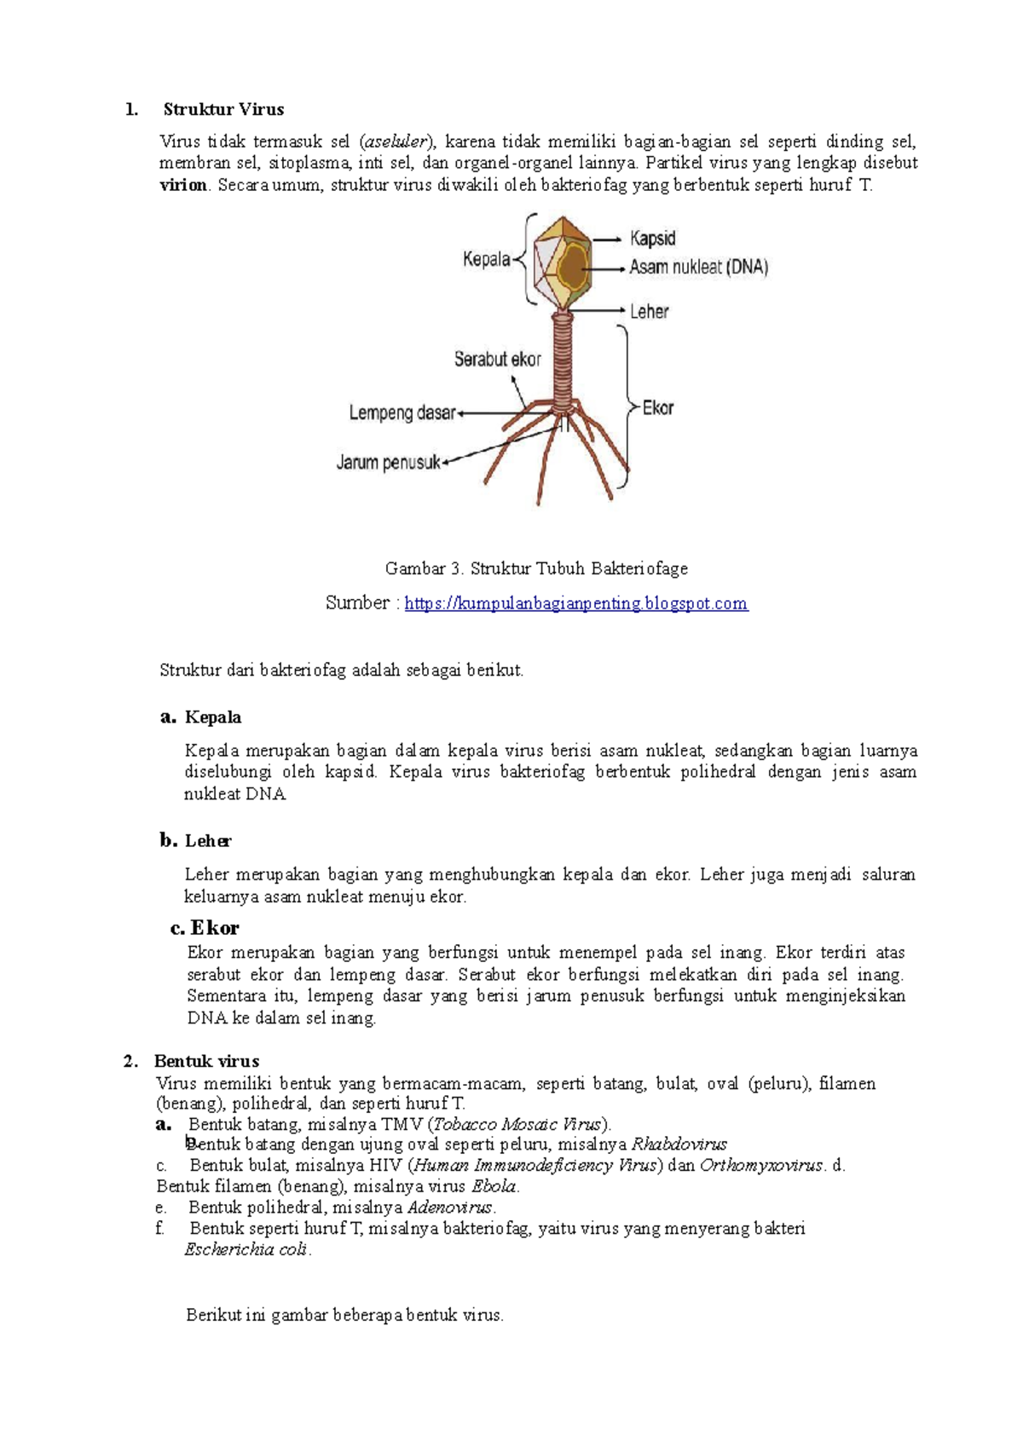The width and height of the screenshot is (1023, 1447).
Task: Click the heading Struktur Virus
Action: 223,109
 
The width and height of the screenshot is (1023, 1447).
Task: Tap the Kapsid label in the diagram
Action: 652,239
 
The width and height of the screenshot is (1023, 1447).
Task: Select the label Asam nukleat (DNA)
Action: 698,268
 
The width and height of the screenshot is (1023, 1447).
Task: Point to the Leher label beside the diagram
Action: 649,312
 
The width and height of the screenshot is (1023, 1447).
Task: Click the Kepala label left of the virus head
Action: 486,259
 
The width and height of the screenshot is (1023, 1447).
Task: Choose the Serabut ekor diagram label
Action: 497,360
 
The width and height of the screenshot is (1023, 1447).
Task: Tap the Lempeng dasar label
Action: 402,413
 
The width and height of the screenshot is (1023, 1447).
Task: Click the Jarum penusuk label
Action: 389,463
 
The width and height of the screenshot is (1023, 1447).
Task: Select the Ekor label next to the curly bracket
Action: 657,408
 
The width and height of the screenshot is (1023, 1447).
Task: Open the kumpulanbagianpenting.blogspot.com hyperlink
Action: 575,603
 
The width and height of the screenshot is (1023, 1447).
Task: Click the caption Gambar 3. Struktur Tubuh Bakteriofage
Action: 536,568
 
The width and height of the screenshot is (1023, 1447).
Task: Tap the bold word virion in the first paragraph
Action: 183,185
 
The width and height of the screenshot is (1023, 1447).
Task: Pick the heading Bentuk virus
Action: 206,1061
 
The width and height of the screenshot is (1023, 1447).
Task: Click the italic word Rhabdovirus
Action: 679,1144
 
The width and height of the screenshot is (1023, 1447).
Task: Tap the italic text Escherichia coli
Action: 246,1250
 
